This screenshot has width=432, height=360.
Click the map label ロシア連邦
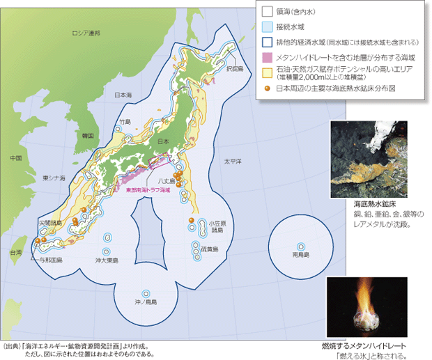86,33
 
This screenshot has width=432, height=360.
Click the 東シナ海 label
54,179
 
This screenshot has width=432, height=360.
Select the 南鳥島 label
300,256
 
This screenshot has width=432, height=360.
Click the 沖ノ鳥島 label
146,302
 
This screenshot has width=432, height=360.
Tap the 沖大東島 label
107,260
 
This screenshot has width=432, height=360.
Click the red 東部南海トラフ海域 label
148,189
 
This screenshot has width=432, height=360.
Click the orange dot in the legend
267,88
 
